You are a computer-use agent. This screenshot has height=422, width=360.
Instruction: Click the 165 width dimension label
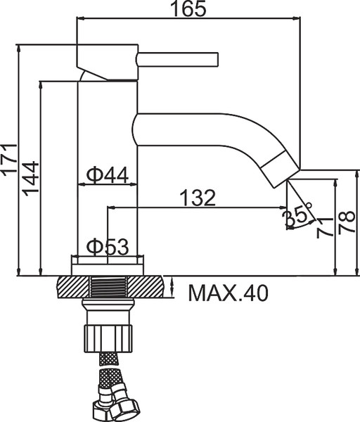tap(189, 8)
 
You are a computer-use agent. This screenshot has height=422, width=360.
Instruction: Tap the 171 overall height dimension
tap(9, 160)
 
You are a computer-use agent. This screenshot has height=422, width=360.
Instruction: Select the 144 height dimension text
tap(30, 179)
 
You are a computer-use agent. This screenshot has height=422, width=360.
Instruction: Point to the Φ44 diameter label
tap(108, 175)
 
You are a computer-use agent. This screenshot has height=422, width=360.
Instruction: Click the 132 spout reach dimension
tap(198, 198)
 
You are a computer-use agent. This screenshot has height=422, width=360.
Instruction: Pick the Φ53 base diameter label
tap(108, 247)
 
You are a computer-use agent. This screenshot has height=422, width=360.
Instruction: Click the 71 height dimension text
tap(324, 228)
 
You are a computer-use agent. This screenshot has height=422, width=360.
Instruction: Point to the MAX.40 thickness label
tap(228, 293)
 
